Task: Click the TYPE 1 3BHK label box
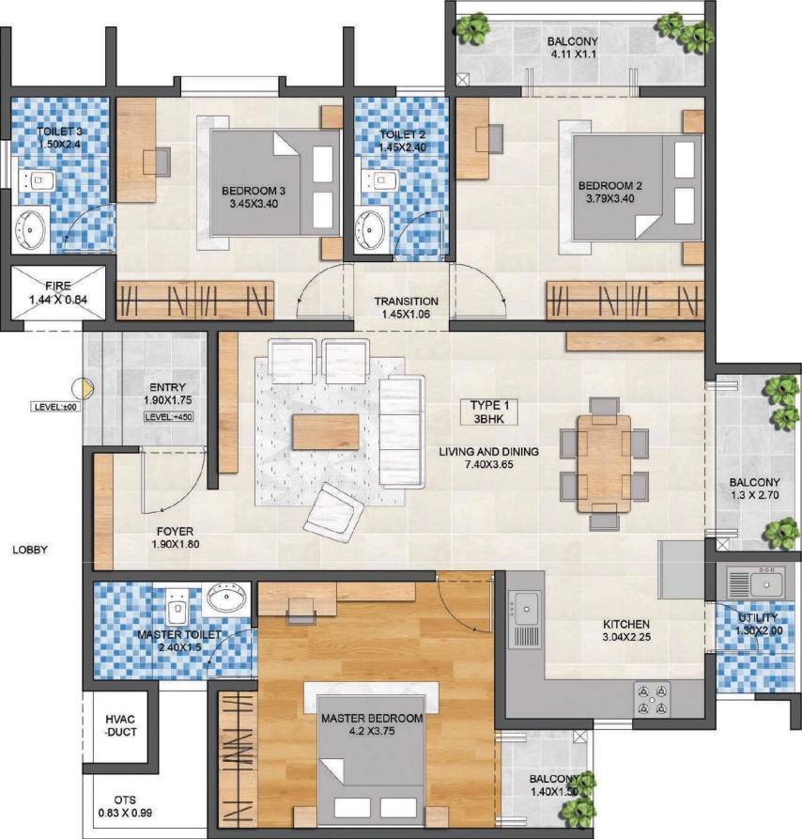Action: (488, 412)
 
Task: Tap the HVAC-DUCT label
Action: (121, 725)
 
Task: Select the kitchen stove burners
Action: (653, 699)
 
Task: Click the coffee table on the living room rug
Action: (326, 432)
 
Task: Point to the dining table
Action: (604, 463)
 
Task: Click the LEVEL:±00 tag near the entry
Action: (55, 407)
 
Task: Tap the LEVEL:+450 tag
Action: (168, 417)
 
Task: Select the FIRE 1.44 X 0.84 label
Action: (57, 293)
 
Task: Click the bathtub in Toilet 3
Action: (30, 230)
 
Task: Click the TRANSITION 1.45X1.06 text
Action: (406, 307)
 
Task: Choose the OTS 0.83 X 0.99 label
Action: (125, 806)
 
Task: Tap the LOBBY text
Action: (30, 550)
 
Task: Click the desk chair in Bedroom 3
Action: (157, 162)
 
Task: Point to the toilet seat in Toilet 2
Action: (380, 179)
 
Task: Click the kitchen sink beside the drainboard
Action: (526, 609)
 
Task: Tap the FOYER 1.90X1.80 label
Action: (176, 537)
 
